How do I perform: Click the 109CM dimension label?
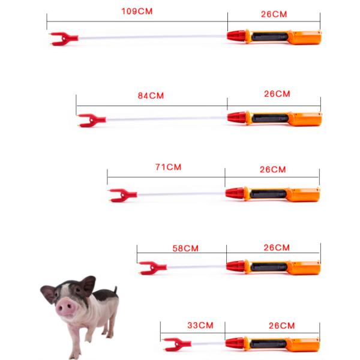pos(137,11)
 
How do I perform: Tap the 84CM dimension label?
pos(151,96)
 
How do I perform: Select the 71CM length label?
pos(168,167)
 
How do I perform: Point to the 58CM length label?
pos(185,248)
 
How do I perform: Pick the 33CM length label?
pos(200,325)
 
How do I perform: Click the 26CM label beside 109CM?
pos(274,14)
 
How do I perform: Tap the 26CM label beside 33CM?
pos(282,326)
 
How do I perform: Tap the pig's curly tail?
pos(116,290)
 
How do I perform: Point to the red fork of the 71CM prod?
pos(123,195)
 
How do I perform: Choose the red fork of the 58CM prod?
pos(153,268)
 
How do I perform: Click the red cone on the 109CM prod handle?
pos(236,36)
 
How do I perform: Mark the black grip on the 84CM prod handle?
pos(270,118)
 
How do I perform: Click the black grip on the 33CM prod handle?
pos(268,343)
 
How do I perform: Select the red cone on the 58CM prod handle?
pos(235,266)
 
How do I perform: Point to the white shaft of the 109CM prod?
pos(152,37)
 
